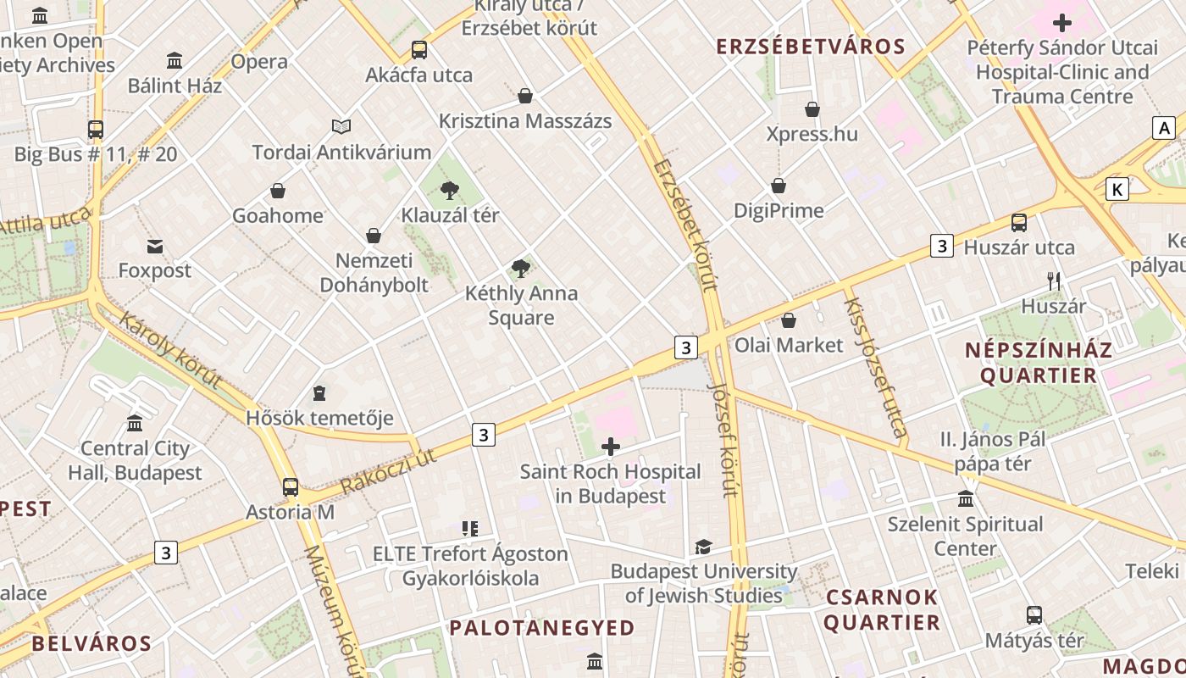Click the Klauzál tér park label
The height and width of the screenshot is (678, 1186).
(450, 215)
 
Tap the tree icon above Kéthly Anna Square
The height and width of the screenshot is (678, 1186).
(521, 270)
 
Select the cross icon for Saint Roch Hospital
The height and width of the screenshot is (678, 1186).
(610, 446)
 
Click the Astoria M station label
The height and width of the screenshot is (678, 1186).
(290, 513)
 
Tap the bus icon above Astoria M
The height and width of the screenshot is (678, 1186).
(290, 487)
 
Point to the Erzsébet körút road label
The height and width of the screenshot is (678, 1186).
(684, 225)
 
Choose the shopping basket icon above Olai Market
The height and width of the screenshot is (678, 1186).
(788, 320)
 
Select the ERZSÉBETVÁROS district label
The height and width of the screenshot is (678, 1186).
(811, 47)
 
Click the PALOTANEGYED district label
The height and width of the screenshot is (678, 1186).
(542, 628)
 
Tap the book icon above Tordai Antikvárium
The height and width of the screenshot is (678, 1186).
(341, 127)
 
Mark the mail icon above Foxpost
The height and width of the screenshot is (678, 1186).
(155, 247)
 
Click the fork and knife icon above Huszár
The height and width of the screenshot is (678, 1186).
(1053, 281)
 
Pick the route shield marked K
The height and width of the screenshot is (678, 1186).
(1117, 190)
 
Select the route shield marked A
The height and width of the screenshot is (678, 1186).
(1164, 128)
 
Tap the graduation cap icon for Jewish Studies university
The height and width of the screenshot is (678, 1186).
(703, 547)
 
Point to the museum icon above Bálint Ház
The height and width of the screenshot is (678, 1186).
(175, 61)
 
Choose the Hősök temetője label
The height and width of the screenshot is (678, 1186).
(319, 418)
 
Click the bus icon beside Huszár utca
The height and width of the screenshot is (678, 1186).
(1018, 223)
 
